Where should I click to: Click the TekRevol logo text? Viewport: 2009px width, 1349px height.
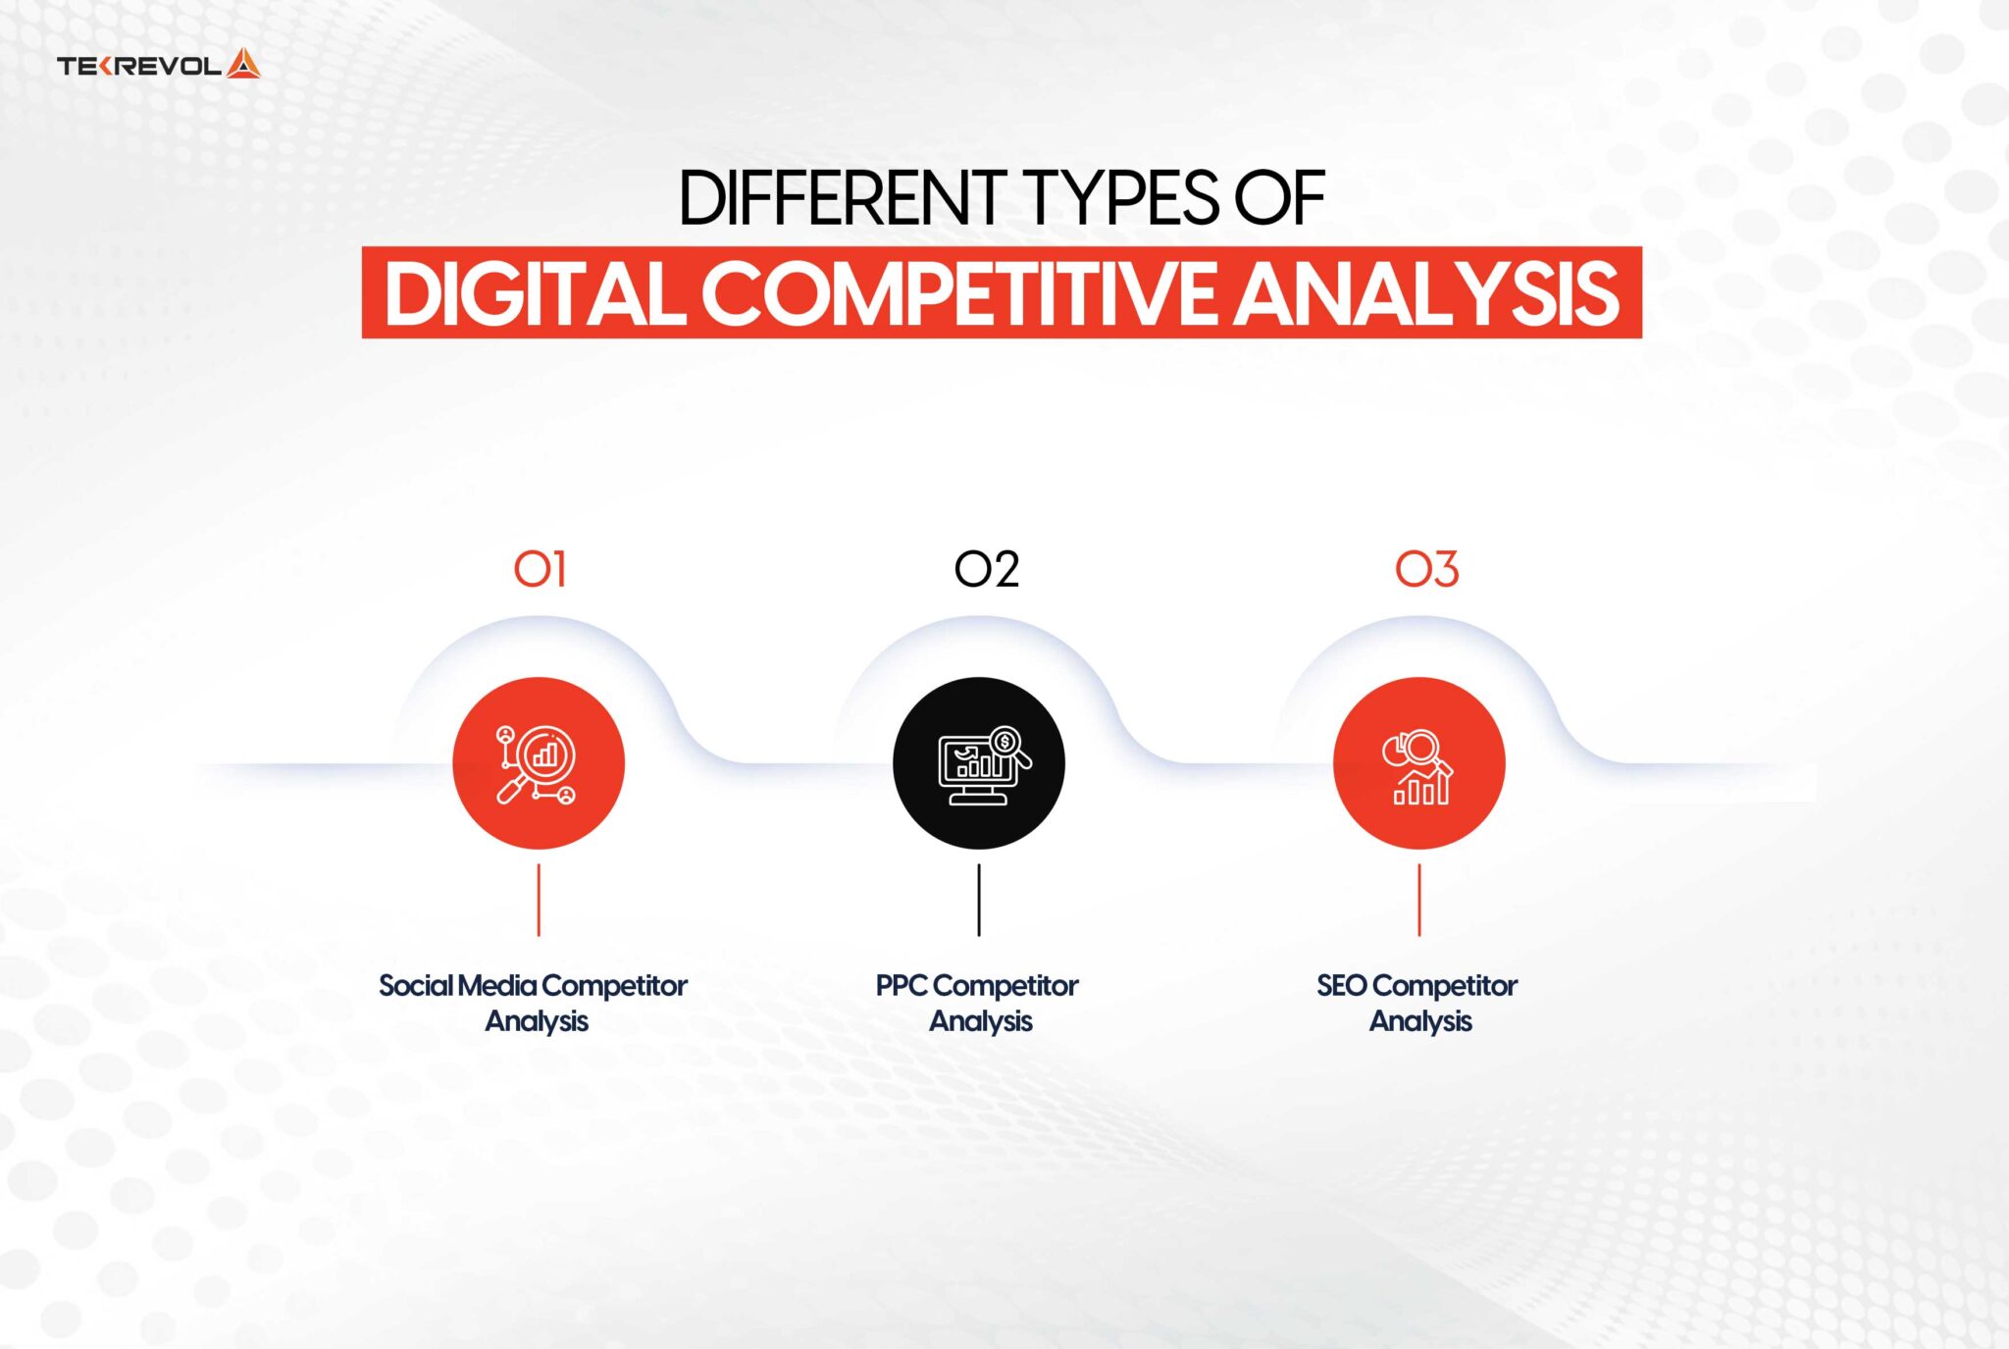[x=138, y=66]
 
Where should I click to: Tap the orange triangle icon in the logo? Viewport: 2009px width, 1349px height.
[x=243, y=65]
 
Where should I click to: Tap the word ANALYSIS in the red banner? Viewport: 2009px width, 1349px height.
[x=1425, y=293]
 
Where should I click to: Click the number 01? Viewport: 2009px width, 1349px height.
[x=540, y=569]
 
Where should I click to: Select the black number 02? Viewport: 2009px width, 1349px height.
[x=986, y=569]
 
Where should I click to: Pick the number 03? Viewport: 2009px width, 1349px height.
[x=1426, y=569]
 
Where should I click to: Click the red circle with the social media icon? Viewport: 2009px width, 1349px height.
[x=539, y=763]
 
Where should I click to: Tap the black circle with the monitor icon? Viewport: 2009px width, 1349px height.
[x=978, y=763]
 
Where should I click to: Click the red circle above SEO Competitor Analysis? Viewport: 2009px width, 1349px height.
[x=1418, y=763]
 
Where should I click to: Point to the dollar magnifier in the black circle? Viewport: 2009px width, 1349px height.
[x=1006, y=744]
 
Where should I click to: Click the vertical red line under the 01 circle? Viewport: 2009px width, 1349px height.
[x=539, y=900]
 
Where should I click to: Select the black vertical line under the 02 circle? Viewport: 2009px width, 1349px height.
[x=978, y=900]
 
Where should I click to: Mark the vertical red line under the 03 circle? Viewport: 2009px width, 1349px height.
[x=1418, y=900]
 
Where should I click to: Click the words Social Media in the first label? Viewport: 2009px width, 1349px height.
[x=457, y=985]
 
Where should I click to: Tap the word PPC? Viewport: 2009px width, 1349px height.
[x=901, y=985]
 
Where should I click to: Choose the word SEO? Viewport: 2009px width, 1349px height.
[x=1341, y=985]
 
